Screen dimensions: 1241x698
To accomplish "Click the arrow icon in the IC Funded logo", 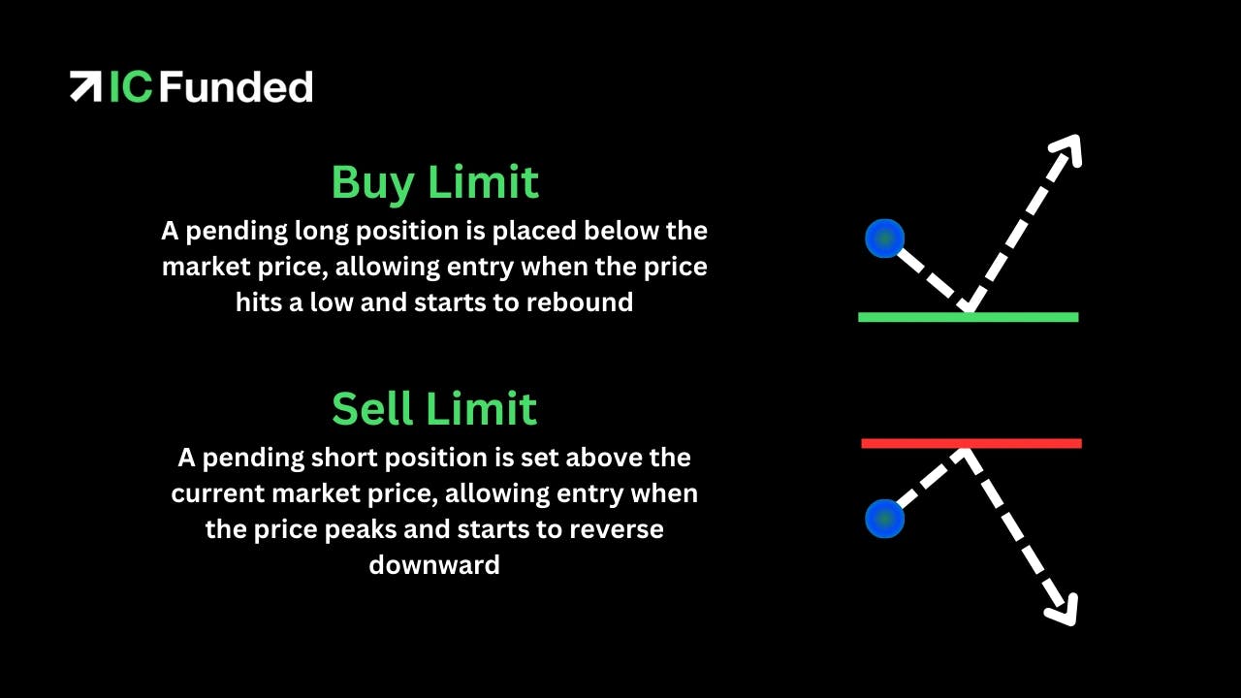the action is [x=85, y=86].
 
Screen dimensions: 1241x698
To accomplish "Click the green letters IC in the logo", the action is [x=131, y=86].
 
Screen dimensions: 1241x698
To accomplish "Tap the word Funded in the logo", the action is [x=237, y=86].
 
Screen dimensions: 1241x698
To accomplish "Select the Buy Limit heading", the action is [x=435, y=183].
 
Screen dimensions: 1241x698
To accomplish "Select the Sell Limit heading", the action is [x=434, y=408].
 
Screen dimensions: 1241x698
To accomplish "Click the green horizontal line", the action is [x=969, y=317].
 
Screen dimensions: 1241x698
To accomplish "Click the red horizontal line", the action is [x=971, y=443].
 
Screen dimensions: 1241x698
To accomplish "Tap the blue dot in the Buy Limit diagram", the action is [x=885, y=238].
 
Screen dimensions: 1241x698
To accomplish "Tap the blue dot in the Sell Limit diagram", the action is [x=885, y=519].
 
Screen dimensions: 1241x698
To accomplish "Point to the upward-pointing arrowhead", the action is [x=1067, y=149].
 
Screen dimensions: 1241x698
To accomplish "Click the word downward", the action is [x=434, y=565].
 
